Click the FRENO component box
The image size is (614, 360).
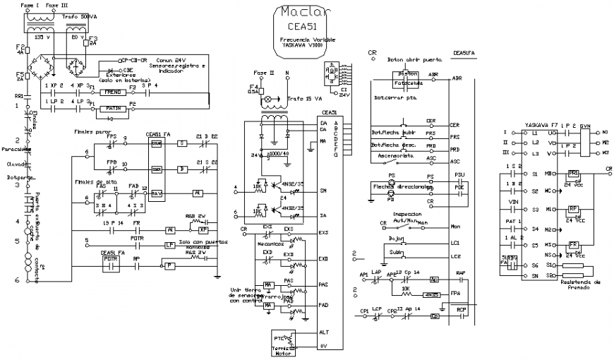pos(113,92)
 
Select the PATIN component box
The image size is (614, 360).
pos(113,108)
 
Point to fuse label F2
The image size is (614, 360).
pos(20,46)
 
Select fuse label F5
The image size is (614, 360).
pos(20,74)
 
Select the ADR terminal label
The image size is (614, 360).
pos(433,74)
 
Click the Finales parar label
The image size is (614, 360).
pos(89,131)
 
